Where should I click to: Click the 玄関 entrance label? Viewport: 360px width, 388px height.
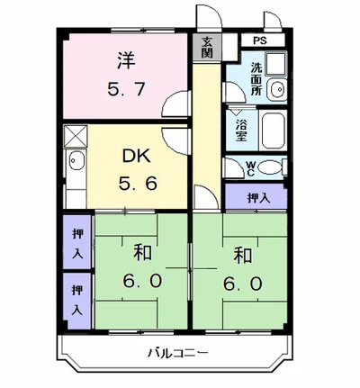207,46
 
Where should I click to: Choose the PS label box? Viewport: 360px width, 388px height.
260,41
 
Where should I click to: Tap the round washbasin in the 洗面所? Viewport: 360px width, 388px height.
276,89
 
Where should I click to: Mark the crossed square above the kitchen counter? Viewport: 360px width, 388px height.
76,136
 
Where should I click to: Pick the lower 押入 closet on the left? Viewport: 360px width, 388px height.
77,297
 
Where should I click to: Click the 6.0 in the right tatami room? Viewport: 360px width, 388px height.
243,283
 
